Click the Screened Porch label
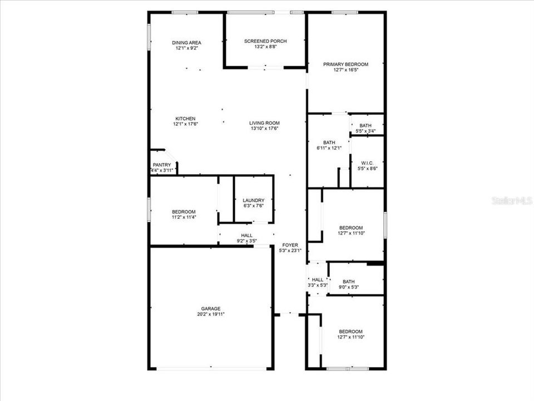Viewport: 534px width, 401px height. tap(265, 41)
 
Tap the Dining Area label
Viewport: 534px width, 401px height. tap(186, 43)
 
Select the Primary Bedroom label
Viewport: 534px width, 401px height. tap(345, 64)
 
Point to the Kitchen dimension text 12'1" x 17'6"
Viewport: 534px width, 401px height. tap(185, 124)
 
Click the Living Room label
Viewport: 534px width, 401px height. tap(264, 123)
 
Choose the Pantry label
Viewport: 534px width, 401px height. tap(162, 165)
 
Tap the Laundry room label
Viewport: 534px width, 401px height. tap(254, 200)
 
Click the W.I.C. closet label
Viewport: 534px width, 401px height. tap(368, 163)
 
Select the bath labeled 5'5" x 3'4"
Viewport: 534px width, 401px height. tap(365, 128)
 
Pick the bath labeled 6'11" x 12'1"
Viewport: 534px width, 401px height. tap(329, 145)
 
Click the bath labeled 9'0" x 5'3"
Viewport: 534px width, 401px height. tap(348, 285)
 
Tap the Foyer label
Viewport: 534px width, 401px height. tap(290, 245)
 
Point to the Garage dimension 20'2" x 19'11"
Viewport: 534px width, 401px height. tap(211, 314)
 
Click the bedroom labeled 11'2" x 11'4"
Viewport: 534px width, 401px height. tap(184, 214)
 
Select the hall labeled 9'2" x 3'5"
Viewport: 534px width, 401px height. tap(247, 238)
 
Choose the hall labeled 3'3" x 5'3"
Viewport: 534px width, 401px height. tap(318, 282)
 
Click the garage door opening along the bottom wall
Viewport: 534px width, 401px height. tap(211, 368)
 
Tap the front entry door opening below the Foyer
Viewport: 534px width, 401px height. tap(289, 314)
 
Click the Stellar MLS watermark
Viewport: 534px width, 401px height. tap(512, 201)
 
